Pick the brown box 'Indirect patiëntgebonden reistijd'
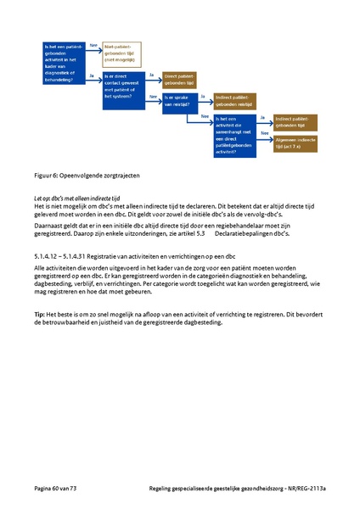pyautogui.click(x=238, y=99)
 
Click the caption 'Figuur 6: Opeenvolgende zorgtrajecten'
pyautogui.click(x=87, y=175)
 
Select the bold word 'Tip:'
pyautogui.click(x=41, y=315)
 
